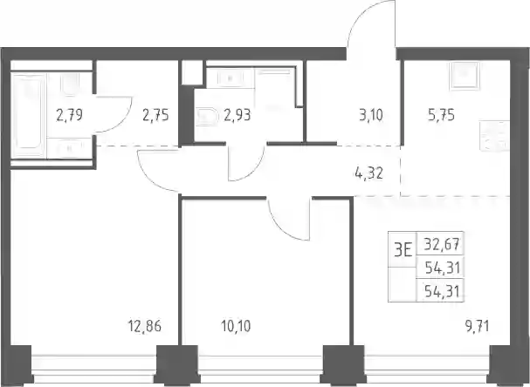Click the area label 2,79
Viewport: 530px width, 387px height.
click(x=69, y=115)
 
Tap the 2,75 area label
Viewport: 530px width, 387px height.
click(x=155, y=115)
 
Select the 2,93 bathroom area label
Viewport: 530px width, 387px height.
click(x=237, y=115)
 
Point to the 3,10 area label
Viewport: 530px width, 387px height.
click(x=371, y=115)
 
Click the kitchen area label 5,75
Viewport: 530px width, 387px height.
click(x=441, y=115)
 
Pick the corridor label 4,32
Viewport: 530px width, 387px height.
click(x=368, y=173)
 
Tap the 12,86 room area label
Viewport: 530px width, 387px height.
click(x=145, y=326)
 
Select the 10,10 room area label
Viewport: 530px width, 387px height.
click(x=236, y=326)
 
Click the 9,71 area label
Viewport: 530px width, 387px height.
click(x=477, y=326)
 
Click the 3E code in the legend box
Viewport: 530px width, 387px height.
click(x=403, y=250)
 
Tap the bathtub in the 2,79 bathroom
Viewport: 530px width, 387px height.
click(x=29, y=115)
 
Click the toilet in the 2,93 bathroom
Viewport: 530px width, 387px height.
click(x=206, y=117)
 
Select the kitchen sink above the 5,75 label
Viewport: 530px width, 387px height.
click(x=465, y=76)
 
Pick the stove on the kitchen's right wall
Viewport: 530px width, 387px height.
click(x=494, y=136)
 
